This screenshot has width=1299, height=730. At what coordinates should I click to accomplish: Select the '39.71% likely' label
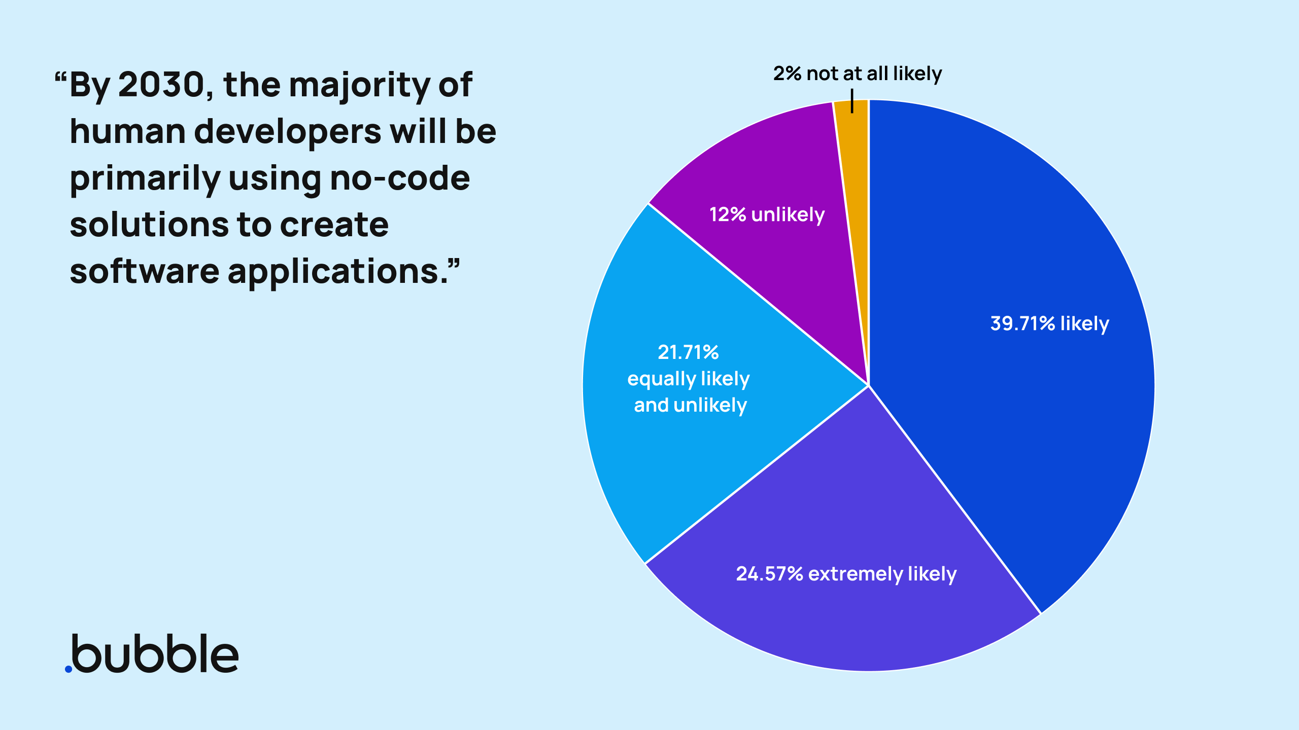point(1049,323)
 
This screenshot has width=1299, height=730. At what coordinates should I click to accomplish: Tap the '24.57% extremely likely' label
point(846,574)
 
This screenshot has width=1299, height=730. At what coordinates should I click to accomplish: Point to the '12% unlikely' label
point(767,214)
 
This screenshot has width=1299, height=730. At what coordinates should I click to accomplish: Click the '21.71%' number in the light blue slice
point(688,352)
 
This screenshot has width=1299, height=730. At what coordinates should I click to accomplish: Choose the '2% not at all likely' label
point(857,74)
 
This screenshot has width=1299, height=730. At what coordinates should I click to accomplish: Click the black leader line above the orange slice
point(852,100)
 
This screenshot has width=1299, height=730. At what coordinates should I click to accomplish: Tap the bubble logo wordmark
point(155,654)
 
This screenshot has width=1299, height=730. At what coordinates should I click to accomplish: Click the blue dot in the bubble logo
point(69,669)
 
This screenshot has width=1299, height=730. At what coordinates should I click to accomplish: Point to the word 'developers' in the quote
point(287,132)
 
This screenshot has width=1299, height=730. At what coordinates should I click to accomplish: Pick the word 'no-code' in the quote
point(400,178)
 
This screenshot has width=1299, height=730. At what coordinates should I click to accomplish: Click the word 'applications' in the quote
point(339,272)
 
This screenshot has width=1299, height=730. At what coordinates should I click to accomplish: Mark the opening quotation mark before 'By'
point(60,78)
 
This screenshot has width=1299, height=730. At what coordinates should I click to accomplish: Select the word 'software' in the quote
point(144,272)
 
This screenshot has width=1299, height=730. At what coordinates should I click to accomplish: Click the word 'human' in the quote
point(127,132)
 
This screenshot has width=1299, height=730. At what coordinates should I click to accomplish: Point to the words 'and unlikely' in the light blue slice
point(690,405)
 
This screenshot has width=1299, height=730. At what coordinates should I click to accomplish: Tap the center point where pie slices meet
point(868,386)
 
